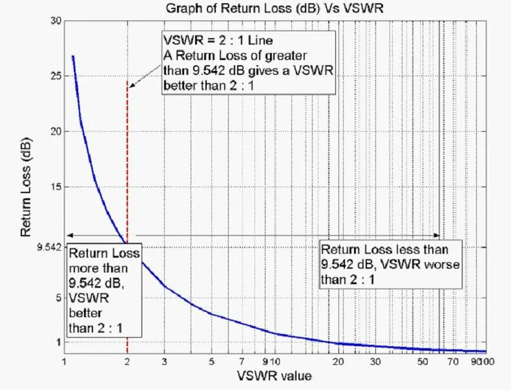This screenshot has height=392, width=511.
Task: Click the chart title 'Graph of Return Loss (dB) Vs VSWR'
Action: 275,8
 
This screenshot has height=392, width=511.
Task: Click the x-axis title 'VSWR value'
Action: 275,375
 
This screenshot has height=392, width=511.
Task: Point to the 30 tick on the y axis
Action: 56,21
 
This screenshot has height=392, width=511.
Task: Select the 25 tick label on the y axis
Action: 56,76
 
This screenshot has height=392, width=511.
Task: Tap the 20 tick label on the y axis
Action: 56,132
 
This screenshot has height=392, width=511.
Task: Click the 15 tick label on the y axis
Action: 56,187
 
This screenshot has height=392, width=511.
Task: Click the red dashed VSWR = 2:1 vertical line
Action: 127,161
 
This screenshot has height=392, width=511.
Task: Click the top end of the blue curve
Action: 72,56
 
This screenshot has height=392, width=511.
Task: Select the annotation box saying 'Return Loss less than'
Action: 391,264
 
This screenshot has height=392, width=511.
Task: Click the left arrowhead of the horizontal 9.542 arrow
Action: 69,236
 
